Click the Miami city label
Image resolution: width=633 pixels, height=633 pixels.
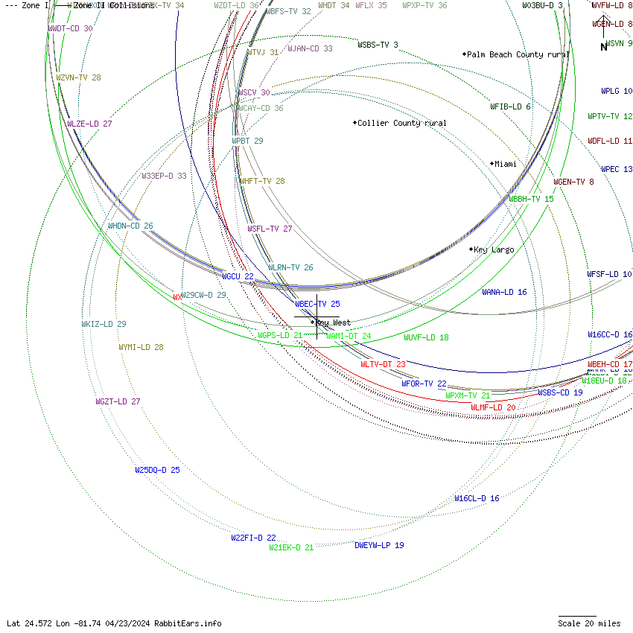(506, 164)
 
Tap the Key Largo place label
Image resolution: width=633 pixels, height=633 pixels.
(494, 249)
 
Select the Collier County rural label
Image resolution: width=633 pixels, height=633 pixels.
(402, 123)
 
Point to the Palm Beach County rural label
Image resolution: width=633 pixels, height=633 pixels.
(518, 54)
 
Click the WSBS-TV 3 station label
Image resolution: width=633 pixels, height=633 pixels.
(378, 45)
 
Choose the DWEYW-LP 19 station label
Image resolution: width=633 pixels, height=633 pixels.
(379, 545)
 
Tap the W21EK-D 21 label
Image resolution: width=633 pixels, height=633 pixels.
(291, 547)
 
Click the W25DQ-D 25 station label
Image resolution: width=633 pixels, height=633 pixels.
(157, 470)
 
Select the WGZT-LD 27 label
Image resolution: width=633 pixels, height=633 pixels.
(118, 401)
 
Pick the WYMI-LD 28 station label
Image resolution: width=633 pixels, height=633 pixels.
(141, 347)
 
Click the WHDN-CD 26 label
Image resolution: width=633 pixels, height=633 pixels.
(130, 226)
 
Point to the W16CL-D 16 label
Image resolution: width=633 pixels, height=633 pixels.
(477, 498)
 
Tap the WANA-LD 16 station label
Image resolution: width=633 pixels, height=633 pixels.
(504, 292)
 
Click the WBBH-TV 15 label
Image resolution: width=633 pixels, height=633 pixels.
(531, 199)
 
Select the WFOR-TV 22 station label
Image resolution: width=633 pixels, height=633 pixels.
(424, 384)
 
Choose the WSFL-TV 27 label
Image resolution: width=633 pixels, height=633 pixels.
(270, 229)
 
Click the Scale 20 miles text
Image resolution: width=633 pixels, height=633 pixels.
(589, 623)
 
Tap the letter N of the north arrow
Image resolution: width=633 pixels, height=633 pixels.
(604, 48)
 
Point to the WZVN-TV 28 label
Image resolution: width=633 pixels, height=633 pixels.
(78, 77)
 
